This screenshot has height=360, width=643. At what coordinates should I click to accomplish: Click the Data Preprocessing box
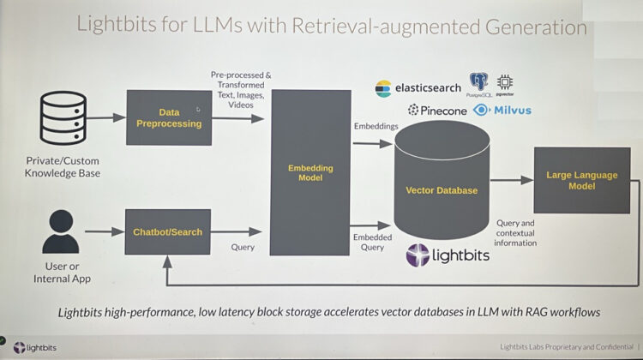[x=168, y=117]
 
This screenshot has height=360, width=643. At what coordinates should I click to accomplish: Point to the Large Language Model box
[x=581, y=180]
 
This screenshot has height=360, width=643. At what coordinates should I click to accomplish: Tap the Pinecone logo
[x=437, y=111]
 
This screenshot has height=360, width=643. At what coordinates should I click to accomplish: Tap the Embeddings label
[x=375, y=127]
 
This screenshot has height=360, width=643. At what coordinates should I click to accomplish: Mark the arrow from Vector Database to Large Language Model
[x=511, y=182]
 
